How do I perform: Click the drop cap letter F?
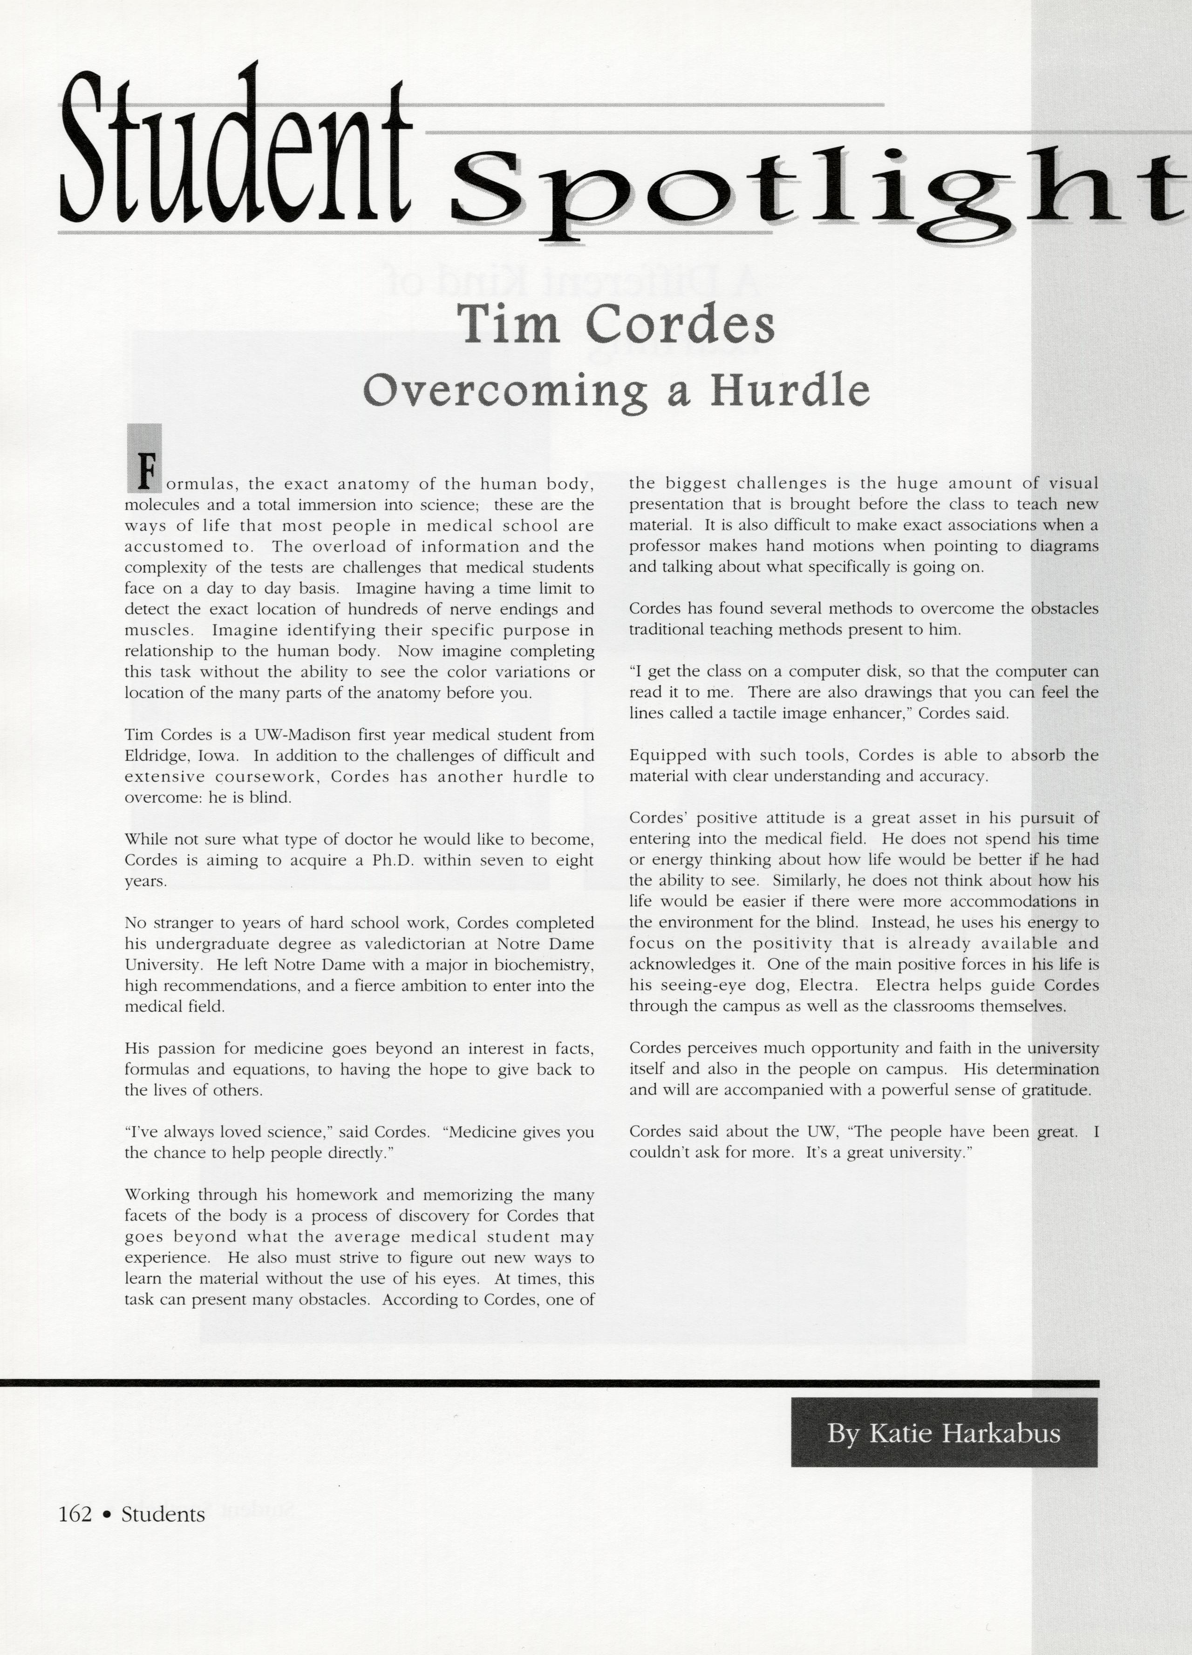(x=146, y=471)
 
